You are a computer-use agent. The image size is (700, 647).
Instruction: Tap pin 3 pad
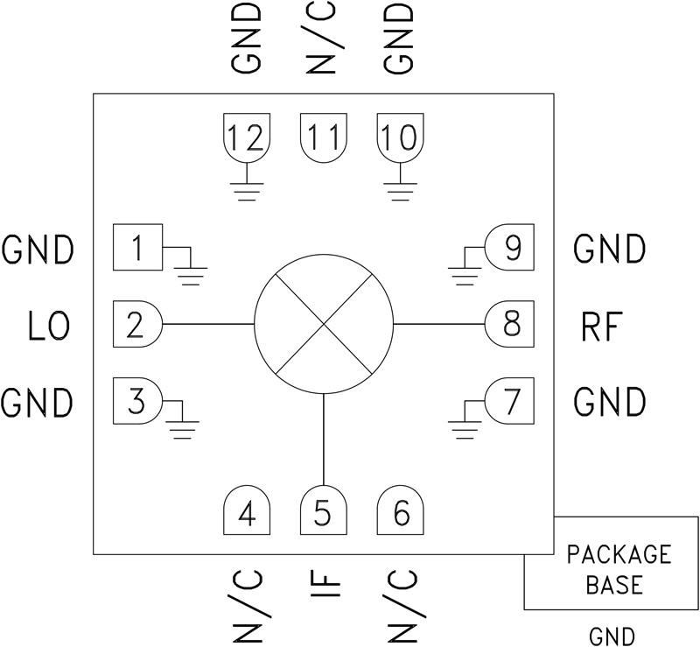point(136,401)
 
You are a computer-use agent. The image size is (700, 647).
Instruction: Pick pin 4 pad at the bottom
point(248,510)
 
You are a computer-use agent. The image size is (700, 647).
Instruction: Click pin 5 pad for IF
point(324,510)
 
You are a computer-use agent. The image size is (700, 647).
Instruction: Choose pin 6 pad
point(401,510)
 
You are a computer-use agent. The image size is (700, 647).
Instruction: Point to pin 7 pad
point(511,401)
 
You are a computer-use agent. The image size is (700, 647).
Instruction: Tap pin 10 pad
point(401,137)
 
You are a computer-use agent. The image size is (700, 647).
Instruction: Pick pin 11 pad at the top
point(324,137)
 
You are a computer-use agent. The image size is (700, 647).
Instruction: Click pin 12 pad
point(248,137)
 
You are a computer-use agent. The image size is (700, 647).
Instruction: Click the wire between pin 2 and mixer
point(207,324)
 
